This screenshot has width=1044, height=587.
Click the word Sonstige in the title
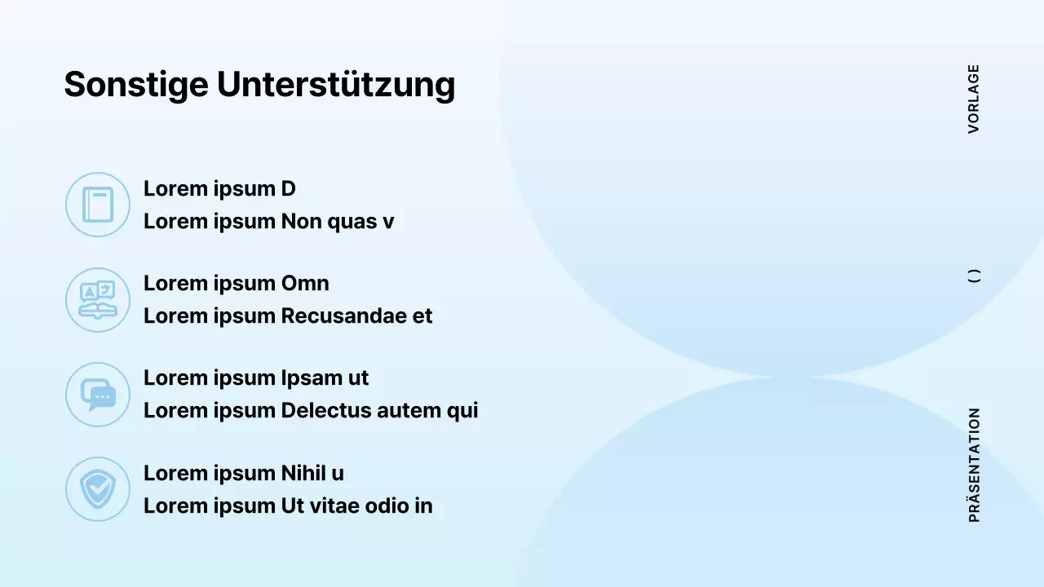(136, 85)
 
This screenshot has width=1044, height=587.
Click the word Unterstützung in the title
(335, 85)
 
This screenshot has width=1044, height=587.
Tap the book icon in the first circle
(98, 205)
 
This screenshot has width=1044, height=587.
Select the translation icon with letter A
(98, 300)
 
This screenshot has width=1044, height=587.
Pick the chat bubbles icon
(98, 395)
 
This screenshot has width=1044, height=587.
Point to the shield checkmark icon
(98, 489)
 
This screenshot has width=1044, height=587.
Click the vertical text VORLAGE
(974, 99)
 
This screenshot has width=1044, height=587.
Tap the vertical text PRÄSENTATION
(974, 465)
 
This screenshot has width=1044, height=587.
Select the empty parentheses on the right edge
(974, 276)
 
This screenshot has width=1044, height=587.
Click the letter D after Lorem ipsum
(288, 189)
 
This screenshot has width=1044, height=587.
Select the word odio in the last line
(387, 505)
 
